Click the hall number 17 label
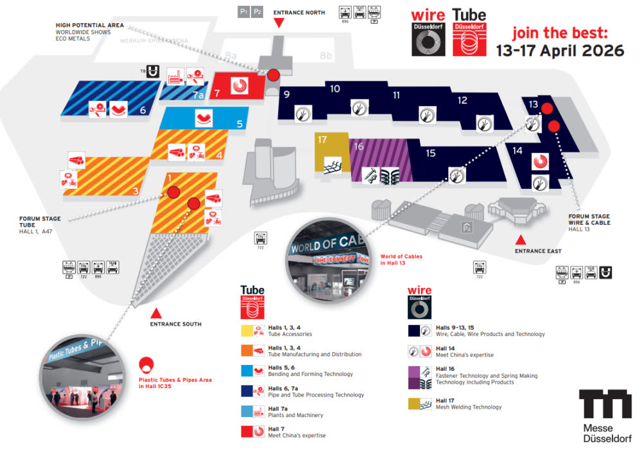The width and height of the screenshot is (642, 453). pos(322,139)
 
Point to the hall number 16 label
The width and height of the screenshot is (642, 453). pos(358,147)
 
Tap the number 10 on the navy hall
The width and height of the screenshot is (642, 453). pos(335,89)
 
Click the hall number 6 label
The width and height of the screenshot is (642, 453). pos(143,110)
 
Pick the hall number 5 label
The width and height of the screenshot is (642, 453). pos(239,124)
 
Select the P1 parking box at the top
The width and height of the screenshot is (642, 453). pos(243,11)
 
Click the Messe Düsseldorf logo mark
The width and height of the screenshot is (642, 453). pos(605,404)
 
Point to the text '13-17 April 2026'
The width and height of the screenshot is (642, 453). pos(560,51)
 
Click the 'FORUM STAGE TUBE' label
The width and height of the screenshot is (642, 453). pos(40,222)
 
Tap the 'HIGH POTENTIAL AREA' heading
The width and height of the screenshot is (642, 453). pos(89,25)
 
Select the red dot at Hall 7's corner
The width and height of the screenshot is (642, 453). pos(273,75)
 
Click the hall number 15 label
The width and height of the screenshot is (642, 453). pos(430,153)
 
